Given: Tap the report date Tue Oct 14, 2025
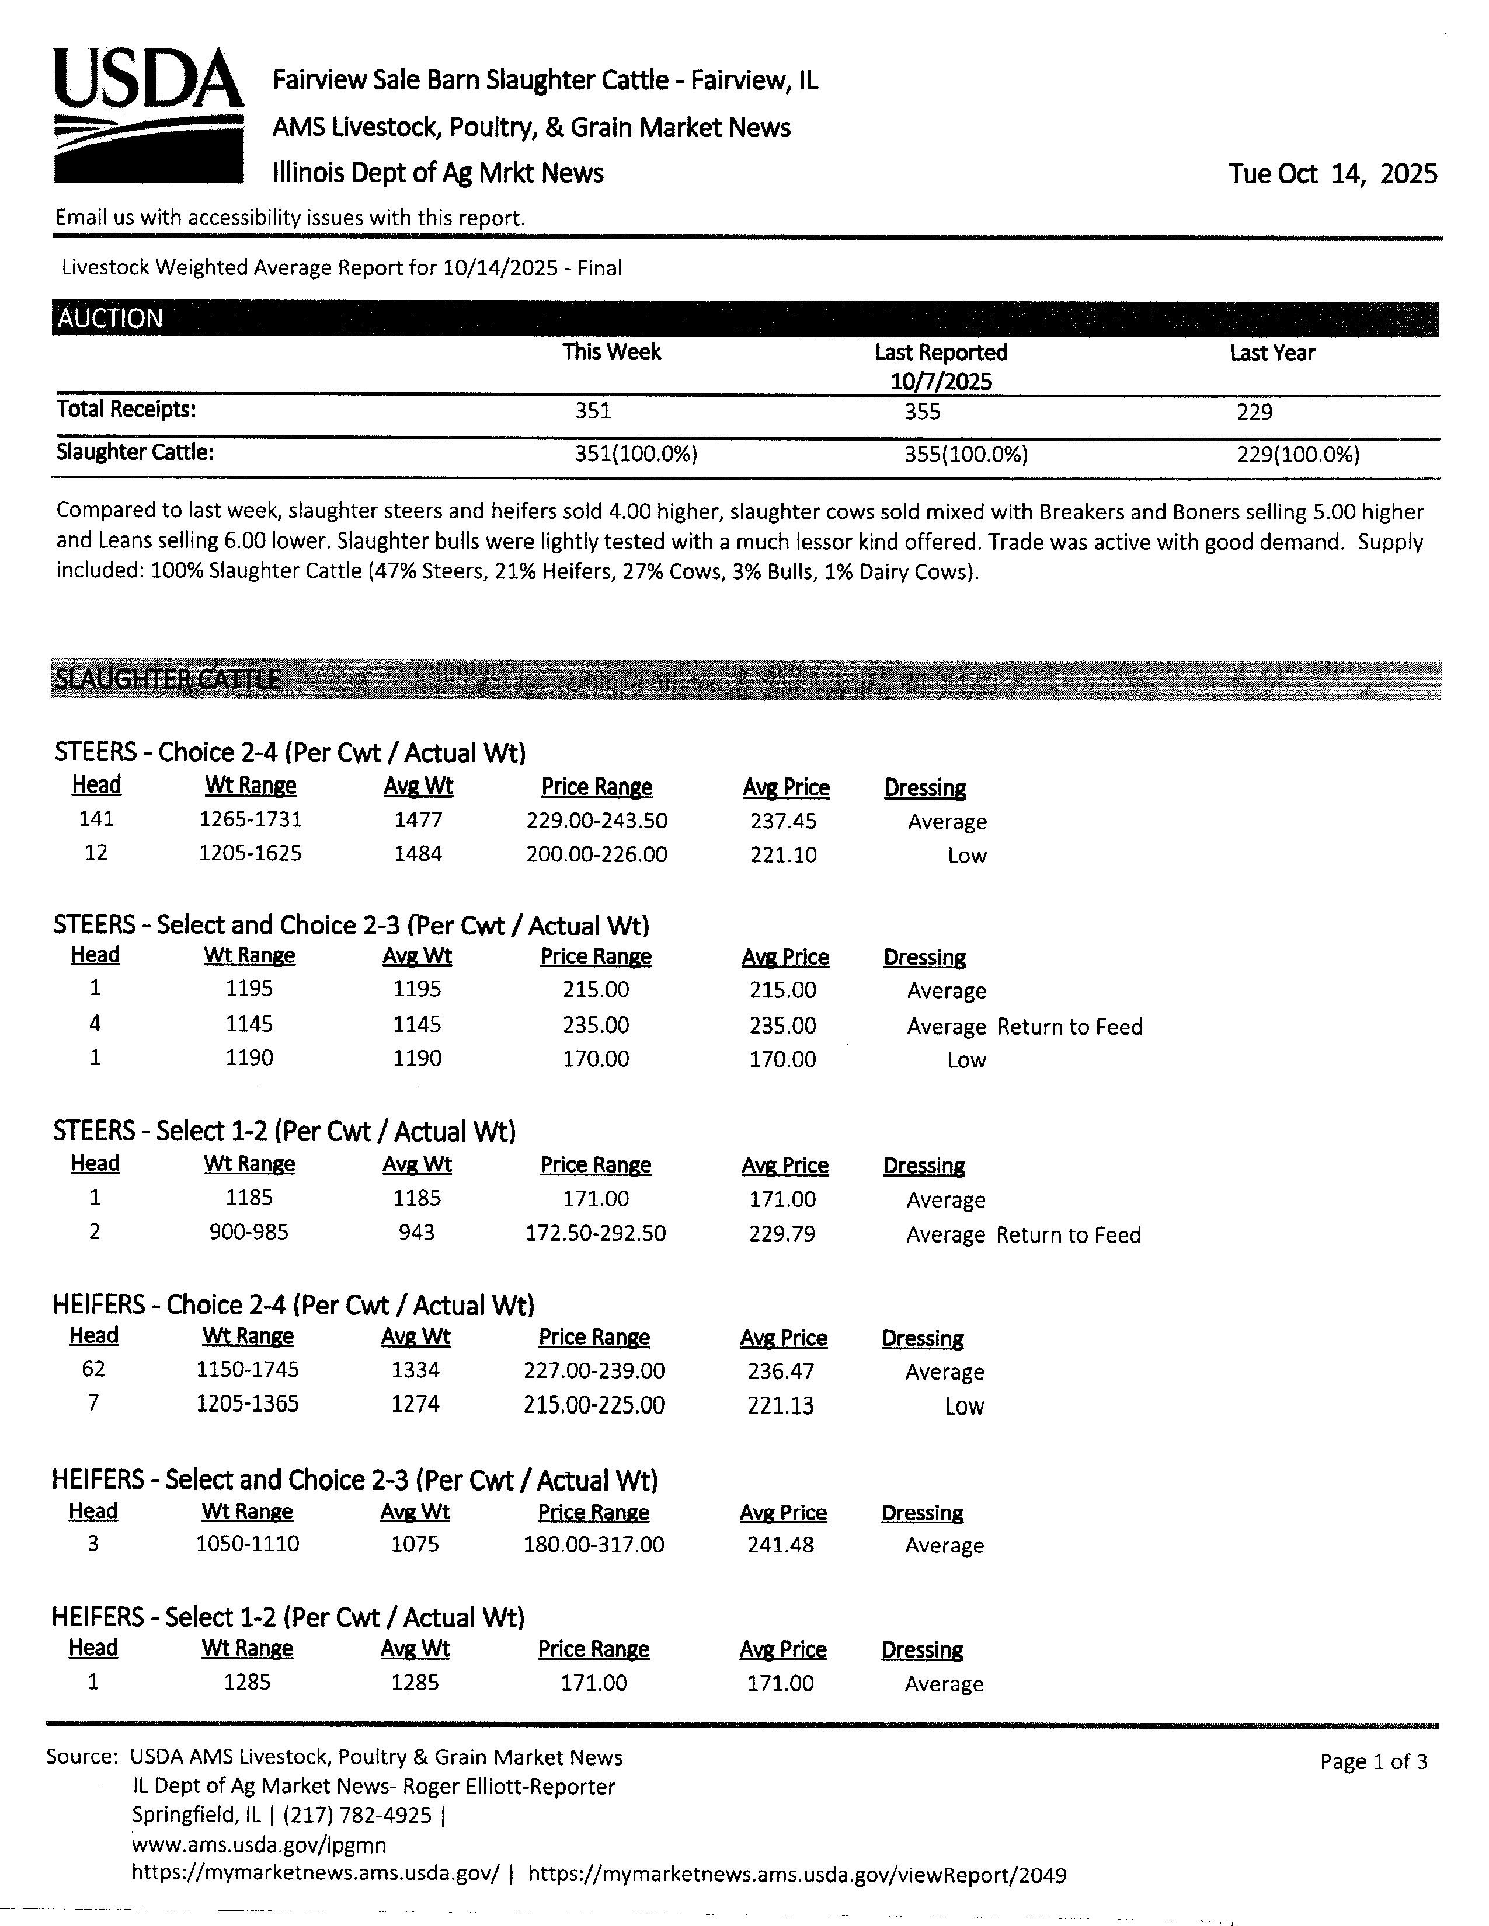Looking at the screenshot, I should pos(1332,174).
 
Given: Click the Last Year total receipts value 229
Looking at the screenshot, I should pos(1254,412).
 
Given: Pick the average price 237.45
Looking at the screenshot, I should pos(783,821).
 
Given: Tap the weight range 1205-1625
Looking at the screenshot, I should pos(251,854).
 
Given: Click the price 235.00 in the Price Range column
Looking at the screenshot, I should pos(596,1025).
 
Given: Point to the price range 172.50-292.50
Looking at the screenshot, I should pos(596,1233).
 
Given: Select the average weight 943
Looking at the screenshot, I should pos(416,1233).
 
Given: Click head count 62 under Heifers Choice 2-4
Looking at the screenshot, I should pos(93,1370).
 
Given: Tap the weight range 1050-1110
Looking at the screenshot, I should pos(248,1544).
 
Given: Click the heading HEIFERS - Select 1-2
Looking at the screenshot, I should pos(287,1617).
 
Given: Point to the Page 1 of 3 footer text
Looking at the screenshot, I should pos(1373,1762).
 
